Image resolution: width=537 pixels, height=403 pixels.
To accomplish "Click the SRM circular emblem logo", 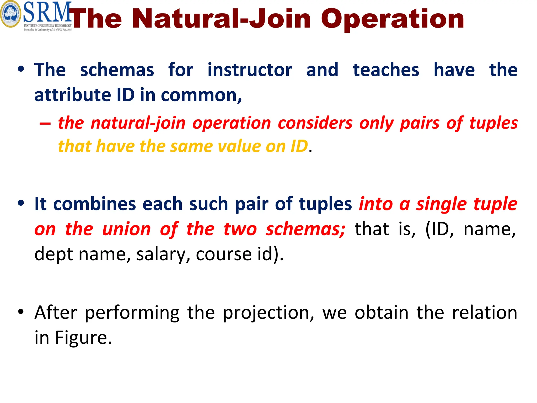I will [x=10, y=14].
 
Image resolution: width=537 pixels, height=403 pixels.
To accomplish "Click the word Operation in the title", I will [x=393, y=19].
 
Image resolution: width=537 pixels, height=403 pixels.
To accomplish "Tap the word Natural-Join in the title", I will [x=222, y=19].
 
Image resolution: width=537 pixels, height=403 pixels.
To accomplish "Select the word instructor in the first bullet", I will [x=250, y=70].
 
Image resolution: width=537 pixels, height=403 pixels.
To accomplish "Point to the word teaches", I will [x=386, y=70].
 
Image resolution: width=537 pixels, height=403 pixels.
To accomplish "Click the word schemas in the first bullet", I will [x=117, y=70].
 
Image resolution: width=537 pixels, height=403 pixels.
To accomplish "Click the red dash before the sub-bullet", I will [x=45, y=123].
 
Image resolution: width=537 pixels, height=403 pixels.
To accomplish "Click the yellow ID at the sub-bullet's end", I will [x=299, y=146].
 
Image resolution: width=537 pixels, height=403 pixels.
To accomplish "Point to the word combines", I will [x=94, y=204].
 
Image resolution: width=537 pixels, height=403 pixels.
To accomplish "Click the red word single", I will [x=442, y=204].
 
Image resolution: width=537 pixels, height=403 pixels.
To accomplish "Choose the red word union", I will [x=126, y=229].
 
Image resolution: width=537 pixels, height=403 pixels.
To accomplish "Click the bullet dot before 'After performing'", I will [x=21, y=312].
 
